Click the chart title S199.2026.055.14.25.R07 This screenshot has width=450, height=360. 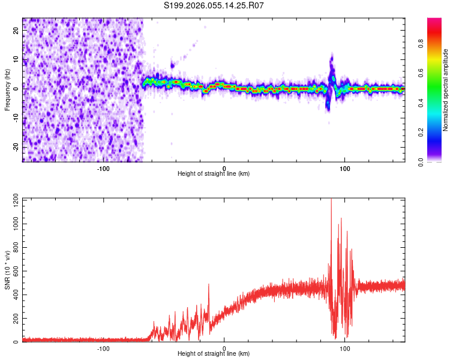coord(214,5)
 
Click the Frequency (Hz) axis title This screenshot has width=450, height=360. coord(7,90)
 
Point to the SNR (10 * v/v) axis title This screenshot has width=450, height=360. coord(7,270)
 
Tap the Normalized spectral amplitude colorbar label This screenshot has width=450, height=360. coord(446,90)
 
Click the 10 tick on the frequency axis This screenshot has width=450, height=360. coord(16,60)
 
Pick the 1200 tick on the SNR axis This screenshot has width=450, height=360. coord(13,199)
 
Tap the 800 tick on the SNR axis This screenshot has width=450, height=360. coord(15,247)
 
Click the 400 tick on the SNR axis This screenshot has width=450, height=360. coord(15,295)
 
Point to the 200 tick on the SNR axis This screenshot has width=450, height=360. coord(15,318)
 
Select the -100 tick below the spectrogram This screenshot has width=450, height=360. coord(103,168)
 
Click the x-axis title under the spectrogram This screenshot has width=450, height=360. coord(214,174)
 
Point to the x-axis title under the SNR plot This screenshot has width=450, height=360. coord(214,354)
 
